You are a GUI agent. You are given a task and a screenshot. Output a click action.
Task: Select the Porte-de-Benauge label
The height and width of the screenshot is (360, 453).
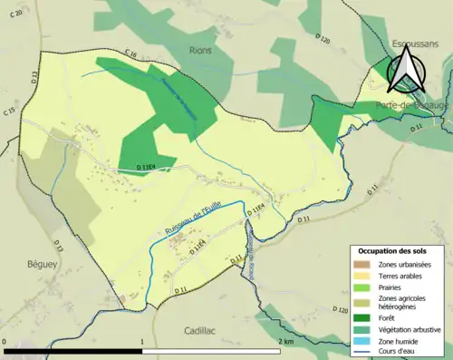pyautogui.click(x=410, y=106)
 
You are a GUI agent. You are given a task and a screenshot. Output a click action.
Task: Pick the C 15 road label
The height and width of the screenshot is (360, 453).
pyautogui.click(x=9, y=111)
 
